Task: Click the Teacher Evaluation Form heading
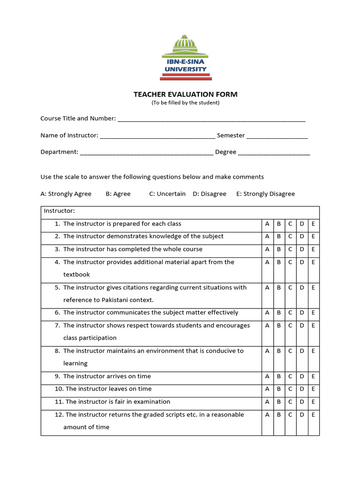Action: tap(185, 94)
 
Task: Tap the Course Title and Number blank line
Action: tap(211, 119)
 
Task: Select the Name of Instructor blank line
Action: tap(157, 136)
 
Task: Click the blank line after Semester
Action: tap(277, 136)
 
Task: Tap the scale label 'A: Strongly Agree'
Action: tap(66, 194)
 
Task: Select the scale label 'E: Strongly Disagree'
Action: tap(266, 194)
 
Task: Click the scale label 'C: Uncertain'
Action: tap(167, 194)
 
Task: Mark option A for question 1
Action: tap(267, 224)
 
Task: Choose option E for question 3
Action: tap(313, 249)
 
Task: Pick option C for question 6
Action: tap(290, 313)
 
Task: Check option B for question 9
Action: tap(278, 376)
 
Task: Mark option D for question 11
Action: tap(302, 402)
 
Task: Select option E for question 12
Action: tap(313, 414)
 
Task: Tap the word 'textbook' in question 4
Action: tap(76, 275)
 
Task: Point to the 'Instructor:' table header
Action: tap(60, 211)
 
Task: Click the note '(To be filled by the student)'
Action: tap(185, 103)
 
